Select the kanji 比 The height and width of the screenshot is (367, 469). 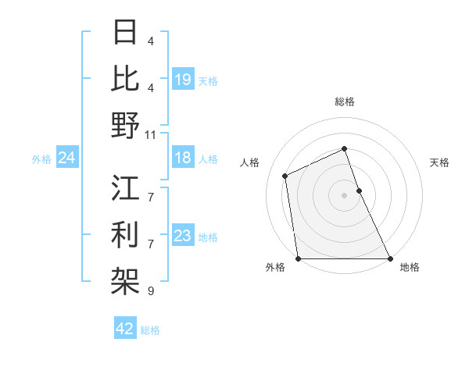[126, 78]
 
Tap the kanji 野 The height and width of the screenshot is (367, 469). [126, 125]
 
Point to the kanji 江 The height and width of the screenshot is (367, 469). [126, 188]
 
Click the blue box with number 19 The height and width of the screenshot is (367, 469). [183, 80]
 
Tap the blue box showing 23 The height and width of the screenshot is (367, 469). [183, 237]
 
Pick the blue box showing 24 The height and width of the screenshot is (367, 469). [66, 159]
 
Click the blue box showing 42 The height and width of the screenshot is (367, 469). [124, 330]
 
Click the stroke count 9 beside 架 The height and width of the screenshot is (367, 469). [151, 291]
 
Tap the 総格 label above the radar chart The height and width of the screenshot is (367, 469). [345, 102]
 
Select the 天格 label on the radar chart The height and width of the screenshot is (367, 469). [439, 162]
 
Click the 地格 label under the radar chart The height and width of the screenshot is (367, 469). [410, 268]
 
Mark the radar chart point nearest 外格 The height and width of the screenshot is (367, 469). [298, 258]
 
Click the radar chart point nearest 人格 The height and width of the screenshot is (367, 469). [285, 176]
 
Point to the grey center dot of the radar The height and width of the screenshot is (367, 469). [345, 194]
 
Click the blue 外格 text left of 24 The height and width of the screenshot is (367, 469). [41, 159]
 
